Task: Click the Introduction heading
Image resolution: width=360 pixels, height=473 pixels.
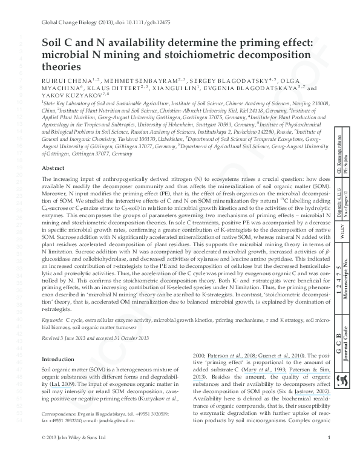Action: click(x=60, y=359)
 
